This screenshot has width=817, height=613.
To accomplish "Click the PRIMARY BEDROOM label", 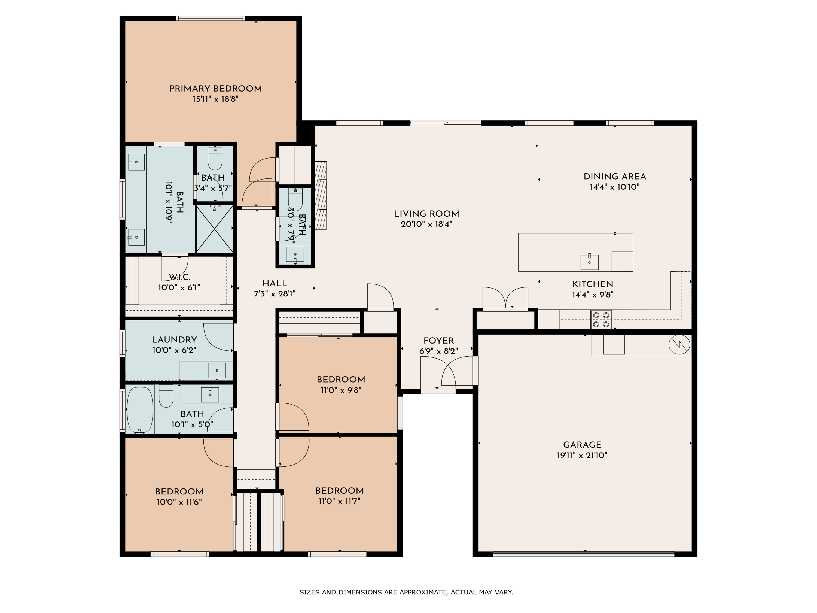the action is point(215,89).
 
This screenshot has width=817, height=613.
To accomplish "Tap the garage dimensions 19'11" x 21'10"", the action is point(582,455).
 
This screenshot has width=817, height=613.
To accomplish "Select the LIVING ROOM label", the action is point(426,214).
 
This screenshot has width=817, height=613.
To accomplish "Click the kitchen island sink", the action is point(590,262).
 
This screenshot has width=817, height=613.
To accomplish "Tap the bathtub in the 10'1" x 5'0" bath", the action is point(140,410).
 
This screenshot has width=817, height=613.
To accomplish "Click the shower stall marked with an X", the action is point(215,229).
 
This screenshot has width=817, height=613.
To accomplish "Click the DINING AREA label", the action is point(615,177).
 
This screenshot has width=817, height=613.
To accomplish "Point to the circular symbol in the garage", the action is point(679,344).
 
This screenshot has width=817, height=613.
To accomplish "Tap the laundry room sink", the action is point(217,371).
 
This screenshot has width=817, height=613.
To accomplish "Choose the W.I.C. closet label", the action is point(179,277).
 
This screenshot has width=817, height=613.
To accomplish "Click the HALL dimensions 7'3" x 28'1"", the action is point(275,294).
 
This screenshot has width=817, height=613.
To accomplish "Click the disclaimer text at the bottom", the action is point(406,592).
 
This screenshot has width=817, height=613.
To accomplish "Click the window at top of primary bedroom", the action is point(211,18).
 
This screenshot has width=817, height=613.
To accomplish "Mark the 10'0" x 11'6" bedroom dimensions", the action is point(179,502).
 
